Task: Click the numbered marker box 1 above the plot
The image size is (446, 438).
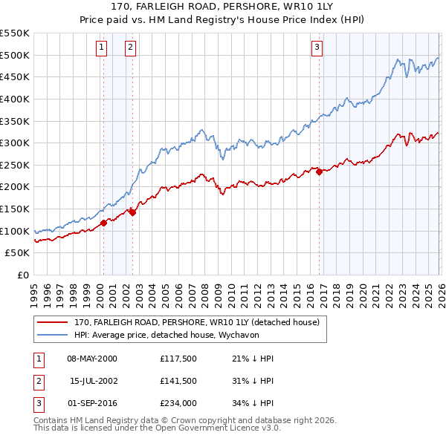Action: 102,48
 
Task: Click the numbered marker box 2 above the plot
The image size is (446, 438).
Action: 130,48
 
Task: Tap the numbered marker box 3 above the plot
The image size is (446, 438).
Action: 317,48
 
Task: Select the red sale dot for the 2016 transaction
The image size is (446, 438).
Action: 319,171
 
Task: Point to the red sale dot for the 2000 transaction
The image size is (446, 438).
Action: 103,223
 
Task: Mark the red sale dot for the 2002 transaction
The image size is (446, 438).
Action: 132,212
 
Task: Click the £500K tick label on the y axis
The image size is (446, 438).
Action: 15,55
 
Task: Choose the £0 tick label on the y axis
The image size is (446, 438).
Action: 22,275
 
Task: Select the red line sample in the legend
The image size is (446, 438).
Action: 52,323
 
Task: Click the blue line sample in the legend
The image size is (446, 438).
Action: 52,334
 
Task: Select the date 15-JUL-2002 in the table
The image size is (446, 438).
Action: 94,381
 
